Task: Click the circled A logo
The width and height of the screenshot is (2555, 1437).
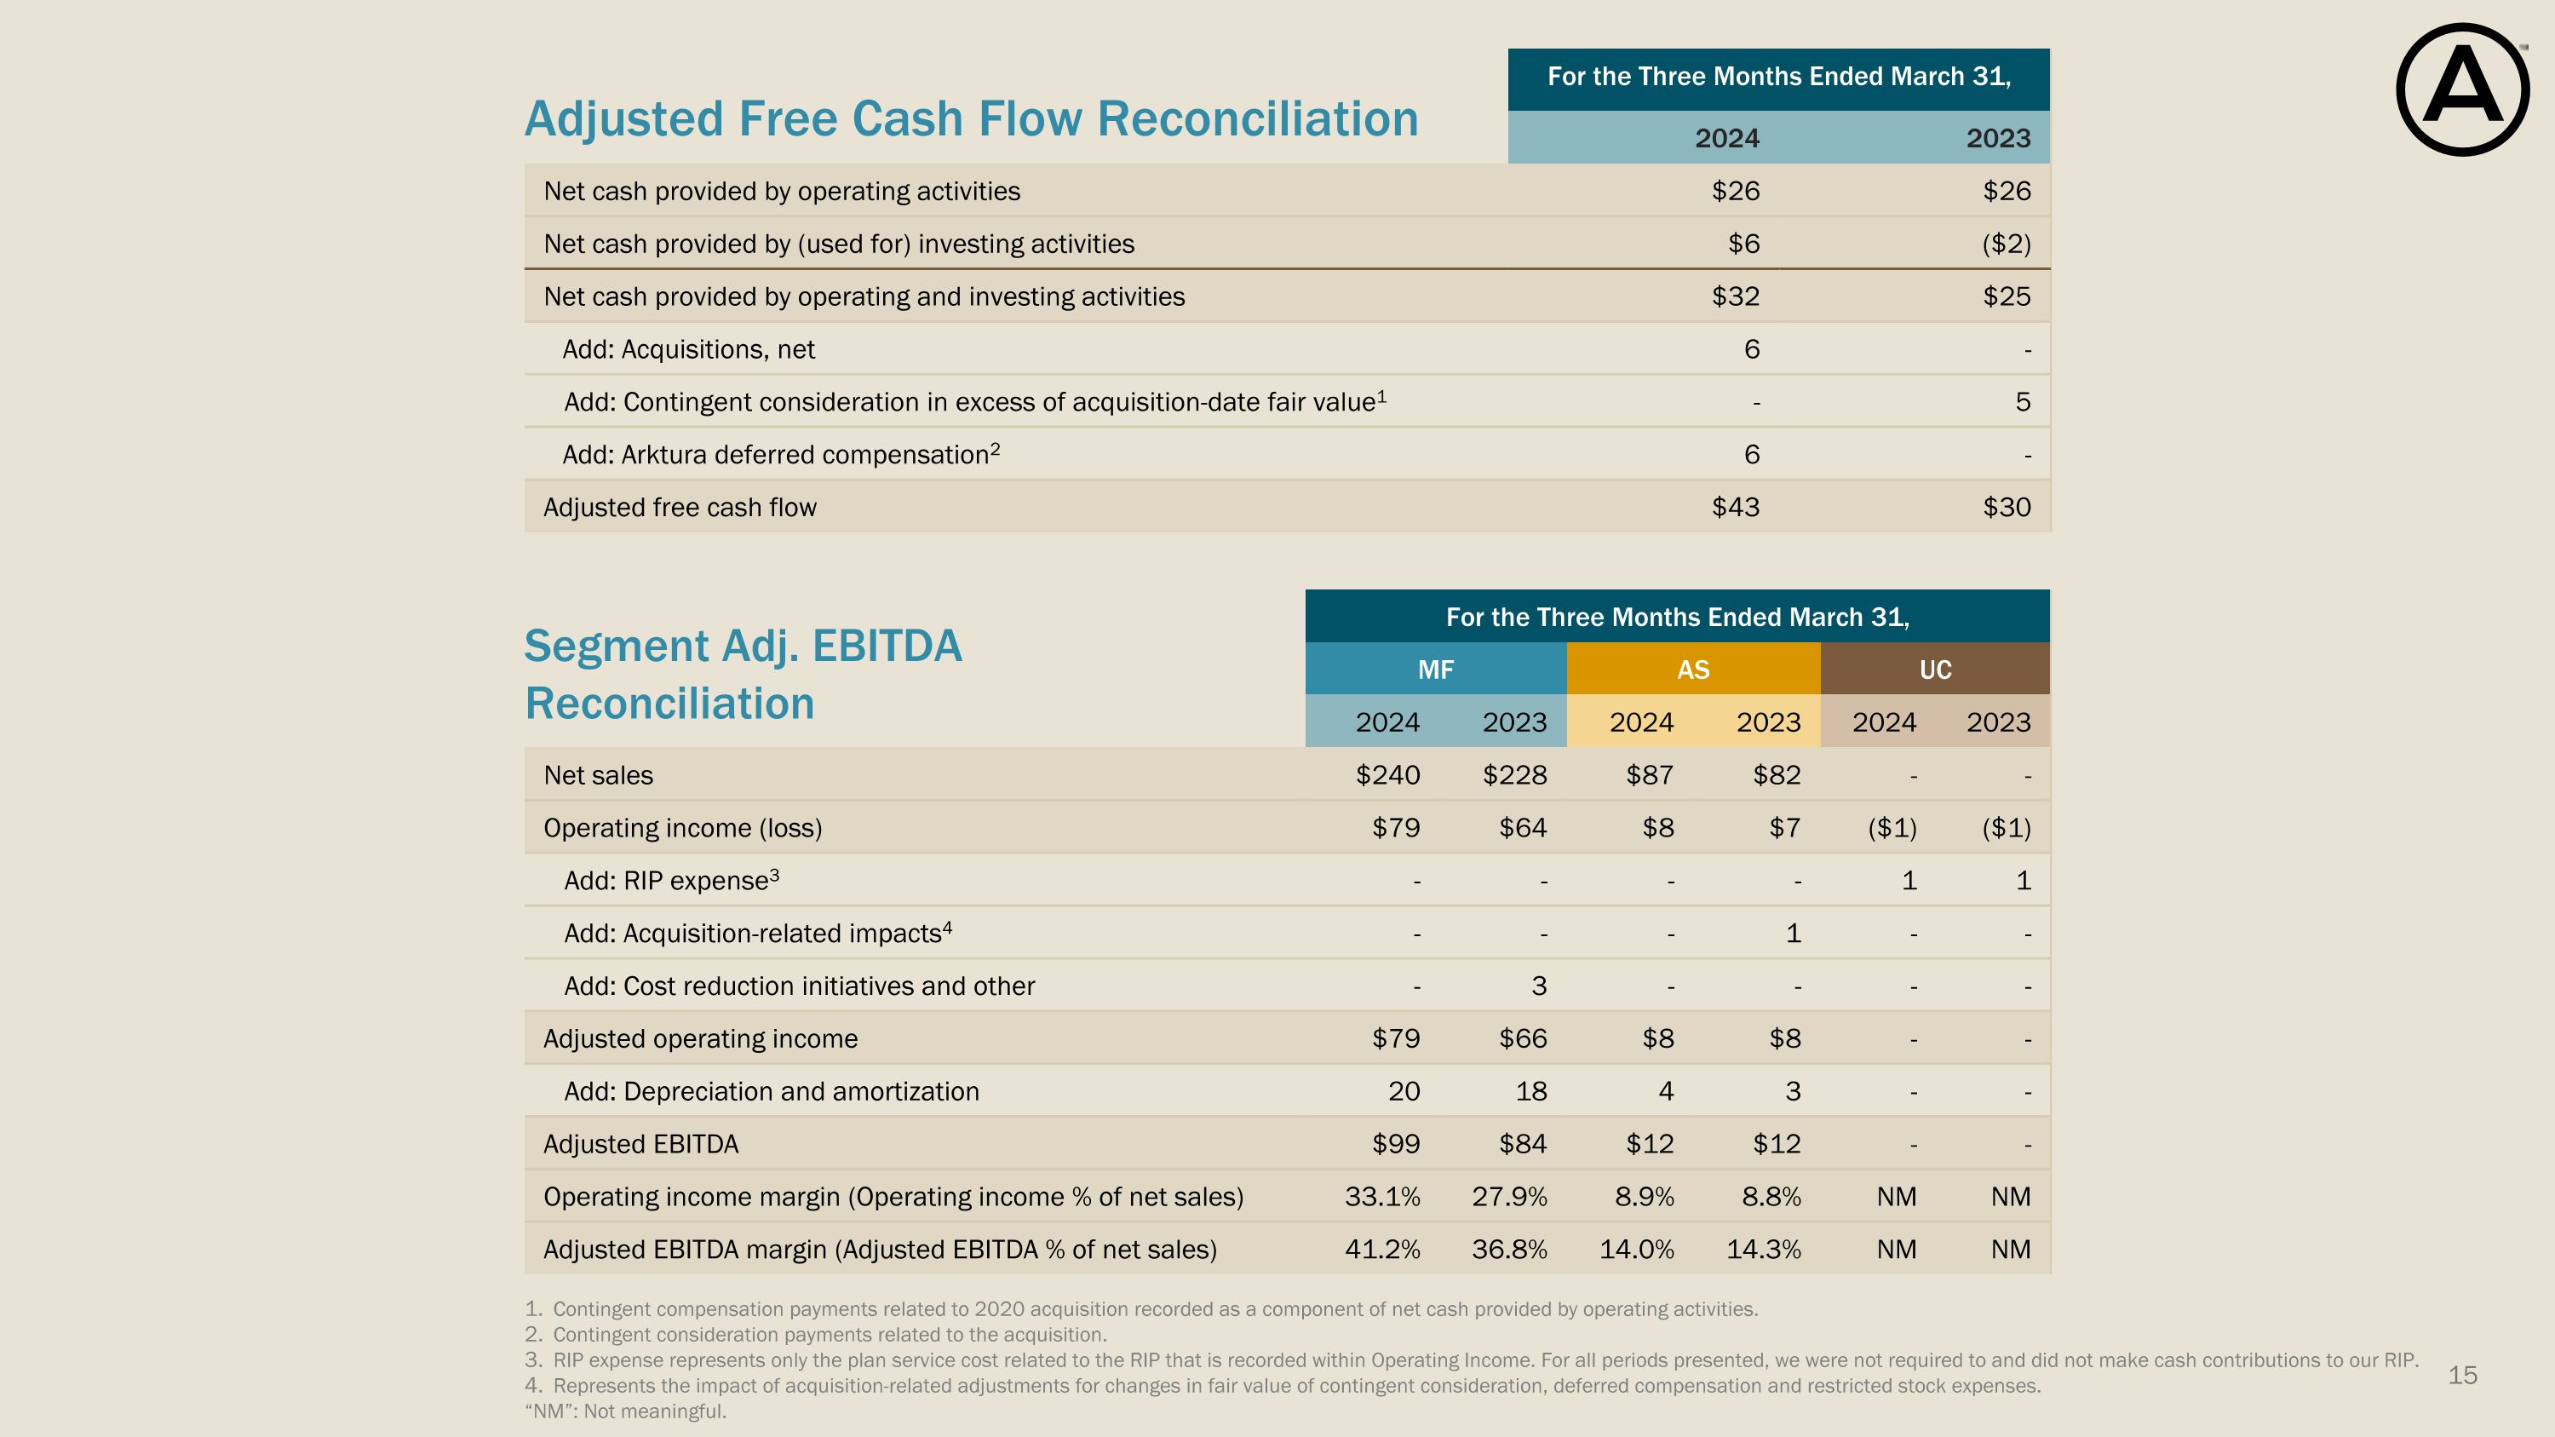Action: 2462,90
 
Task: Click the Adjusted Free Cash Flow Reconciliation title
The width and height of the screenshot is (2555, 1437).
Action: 971,119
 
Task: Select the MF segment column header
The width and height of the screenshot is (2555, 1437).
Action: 1435,670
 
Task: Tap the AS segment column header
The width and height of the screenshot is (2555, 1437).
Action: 1693,670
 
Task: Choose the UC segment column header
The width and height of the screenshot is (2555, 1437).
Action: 1935,670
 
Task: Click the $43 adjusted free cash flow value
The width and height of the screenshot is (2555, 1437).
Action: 1735,508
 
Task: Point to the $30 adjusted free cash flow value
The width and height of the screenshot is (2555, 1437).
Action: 2007,508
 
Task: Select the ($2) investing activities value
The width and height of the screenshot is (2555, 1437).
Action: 2006,244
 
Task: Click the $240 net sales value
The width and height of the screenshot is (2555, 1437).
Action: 1387,775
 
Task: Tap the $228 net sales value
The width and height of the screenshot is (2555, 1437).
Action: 1514,775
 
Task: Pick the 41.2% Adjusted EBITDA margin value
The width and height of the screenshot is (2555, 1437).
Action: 1381,1250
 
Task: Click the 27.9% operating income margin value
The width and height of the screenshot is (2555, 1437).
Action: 1508,1197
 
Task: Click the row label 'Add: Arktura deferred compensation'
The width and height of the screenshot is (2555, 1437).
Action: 781,455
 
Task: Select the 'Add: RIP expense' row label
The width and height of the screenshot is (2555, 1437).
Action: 671,881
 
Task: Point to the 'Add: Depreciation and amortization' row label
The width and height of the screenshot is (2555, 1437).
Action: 771,1092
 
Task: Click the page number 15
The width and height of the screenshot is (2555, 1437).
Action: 2462,1376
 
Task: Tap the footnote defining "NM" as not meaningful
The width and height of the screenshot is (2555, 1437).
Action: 625,1411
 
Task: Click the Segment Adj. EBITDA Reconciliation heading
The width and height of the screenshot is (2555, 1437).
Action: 743,675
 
